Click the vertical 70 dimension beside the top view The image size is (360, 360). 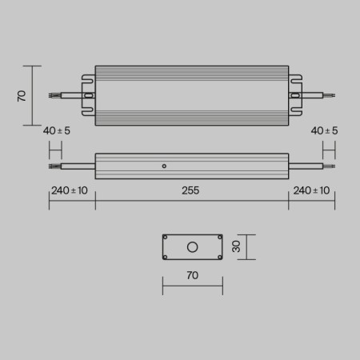[x=22, y=95]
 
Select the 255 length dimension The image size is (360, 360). [x=190, y=190]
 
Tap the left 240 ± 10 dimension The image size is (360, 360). [x=70, y=190]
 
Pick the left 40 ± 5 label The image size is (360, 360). [x=57, y=130]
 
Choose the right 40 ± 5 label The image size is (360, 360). [x=324, y=130]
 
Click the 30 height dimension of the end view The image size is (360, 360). [x=236, y=247]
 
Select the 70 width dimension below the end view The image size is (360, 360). [x=192, y=275]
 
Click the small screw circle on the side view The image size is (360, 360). [x=164, y=166]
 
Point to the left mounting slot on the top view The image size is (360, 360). [x=88, y=95]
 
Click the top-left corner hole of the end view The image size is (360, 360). [x=166, y=238]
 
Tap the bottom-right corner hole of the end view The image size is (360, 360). [x=218, y=257]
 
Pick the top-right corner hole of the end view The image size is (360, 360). [x=218, y=238]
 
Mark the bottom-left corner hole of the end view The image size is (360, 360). [x=166, y=257]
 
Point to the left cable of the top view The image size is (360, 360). [x=64, y=95]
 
